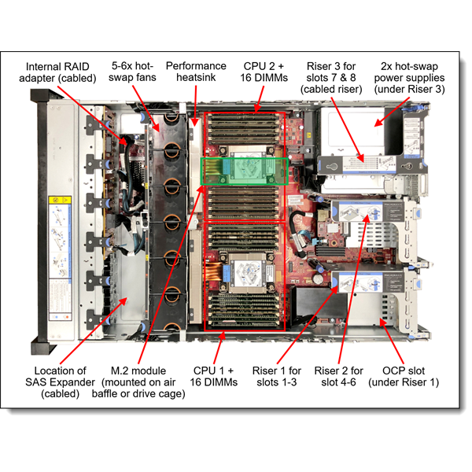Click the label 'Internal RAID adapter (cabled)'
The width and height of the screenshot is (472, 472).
61,72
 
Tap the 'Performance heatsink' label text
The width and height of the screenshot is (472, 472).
196,72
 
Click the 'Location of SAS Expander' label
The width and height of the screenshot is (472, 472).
61,382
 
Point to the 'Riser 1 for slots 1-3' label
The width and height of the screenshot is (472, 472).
276,377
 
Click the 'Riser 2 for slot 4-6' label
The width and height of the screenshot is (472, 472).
339,377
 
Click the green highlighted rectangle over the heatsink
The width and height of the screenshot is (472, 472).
245,171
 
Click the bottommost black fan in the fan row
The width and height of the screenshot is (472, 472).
167,323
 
